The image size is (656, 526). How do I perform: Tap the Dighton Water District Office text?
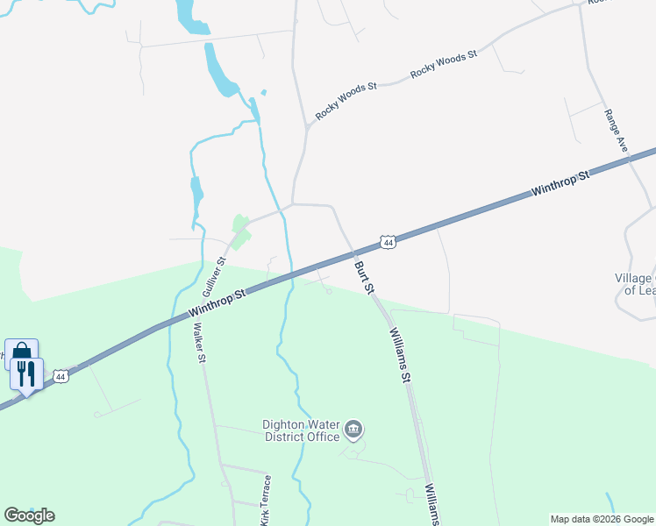(301, 430)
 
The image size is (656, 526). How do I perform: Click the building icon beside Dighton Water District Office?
(353, 429)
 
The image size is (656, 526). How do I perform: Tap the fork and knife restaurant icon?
(26, 374)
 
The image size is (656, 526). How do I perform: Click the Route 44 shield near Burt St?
(389, 241)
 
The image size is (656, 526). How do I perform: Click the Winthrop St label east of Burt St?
(561, 183)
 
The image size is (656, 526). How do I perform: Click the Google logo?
(29, 515)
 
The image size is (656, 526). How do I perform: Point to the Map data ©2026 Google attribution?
(602, 519)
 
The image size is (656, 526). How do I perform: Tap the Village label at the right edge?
(634, 284)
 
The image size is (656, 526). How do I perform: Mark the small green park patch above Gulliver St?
(239, 231)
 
